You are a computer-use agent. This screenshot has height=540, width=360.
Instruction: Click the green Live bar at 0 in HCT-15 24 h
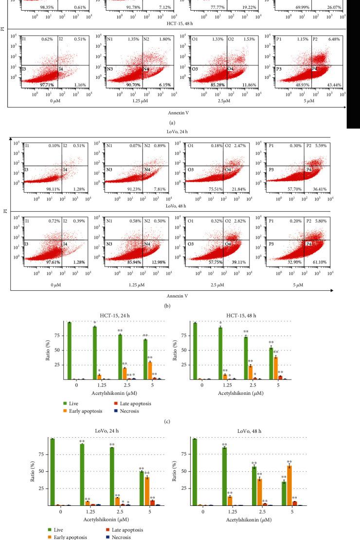[x=70, y=351]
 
